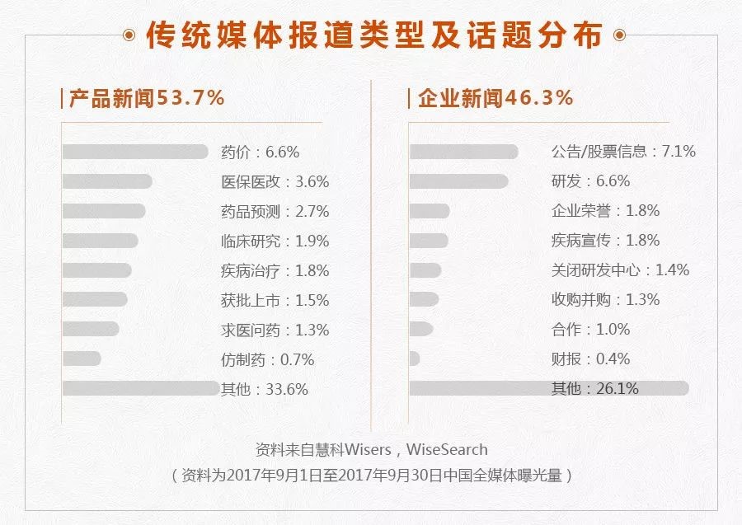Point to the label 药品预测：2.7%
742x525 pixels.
click(275, 211)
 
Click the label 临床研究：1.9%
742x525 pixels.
click(275, 241)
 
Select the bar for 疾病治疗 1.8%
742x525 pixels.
click(96, 270)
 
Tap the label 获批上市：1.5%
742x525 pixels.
click(275, 300)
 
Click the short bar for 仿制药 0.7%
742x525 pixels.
click(82, 359)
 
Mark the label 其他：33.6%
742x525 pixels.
click(264, 389)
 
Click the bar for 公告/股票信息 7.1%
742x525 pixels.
click(463, 152)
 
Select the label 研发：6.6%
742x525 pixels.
click(590, 181)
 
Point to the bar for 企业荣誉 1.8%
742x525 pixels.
click(430, 211)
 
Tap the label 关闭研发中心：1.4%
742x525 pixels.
click(620, 270)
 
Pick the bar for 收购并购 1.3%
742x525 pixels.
click(425, 299)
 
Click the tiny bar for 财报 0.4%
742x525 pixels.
click(415, 359)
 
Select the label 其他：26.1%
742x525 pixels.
click(594, 388)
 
